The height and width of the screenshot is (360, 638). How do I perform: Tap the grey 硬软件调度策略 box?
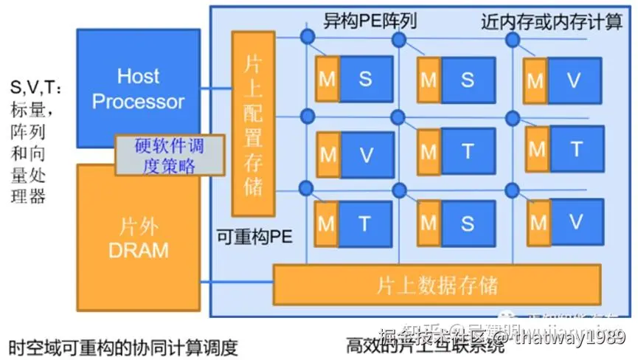(x=169, y=155)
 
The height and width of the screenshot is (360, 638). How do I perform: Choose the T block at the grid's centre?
(x=467, y=152)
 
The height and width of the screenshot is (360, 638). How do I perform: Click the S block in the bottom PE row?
(x=467, y=224)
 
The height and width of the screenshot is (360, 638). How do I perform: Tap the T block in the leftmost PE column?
(x=366, y=224)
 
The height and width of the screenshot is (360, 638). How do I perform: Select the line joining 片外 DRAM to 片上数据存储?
(x=236, y=283)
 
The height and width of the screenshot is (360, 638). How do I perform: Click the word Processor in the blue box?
(x=138, y=101)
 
